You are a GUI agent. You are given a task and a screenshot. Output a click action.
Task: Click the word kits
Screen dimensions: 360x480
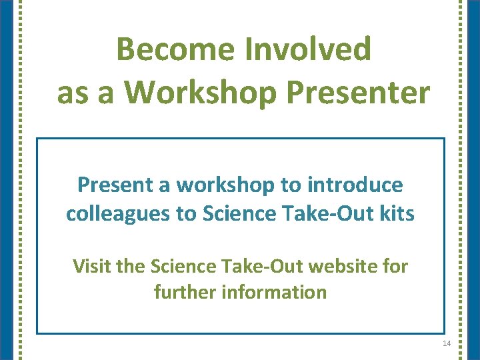pos(397,213)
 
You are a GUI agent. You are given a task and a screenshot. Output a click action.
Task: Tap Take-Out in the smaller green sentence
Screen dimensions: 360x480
pos(259,267)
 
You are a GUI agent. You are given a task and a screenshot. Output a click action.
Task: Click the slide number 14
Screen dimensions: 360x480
pos(446,343)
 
